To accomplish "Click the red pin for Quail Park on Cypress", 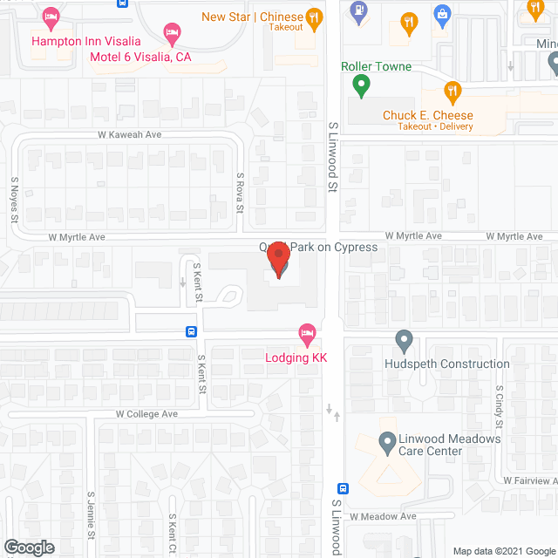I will coord(278,261).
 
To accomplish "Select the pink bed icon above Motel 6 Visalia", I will coord(173,33).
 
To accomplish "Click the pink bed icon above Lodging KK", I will coord(306,332).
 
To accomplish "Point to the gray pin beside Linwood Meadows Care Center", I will coord(388,445).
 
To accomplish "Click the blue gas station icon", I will coord(357,12).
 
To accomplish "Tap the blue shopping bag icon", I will coord(441,14).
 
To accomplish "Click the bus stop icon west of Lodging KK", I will coord(191,331).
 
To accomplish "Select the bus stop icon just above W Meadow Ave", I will coord(344,489).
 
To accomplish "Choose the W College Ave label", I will coord(146,414).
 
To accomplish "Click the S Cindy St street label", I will coord(500,408).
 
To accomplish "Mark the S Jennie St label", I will coord(91,515).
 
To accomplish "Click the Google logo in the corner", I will coord(28,548).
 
